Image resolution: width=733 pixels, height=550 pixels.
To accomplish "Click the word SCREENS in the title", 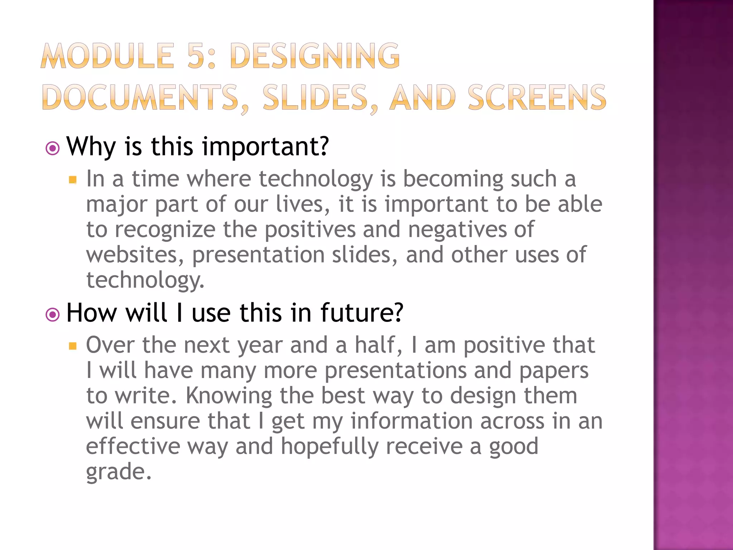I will pyautogui.click(x=537, y=97).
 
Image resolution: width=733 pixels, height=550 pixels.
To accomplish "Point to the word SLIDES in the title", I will pyautogui.click(x=315, y=97).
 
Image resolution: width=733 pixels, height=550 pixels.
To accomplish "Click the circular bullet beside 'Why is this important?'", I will pyautogui.click(x=53, y=148).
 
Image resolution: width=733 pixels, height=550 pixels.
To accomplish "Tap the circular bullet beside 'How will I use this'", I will pyautogui.click(x=53, y=315).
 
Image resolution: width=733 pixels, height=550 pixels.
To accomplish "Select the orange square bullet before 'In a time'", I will pyautogui.click(x=73, y=179).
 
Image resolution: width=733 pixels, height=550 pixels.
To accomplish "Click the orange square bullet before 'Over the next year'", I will pyautogui.click(x=73, y=346).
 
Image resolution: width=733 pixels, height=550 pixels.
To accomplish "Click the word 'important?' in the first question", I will pyautogui.click(x=265, y=147).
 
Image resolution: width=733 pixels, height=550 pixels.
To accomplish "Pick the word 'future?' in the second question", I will pyautogui.click(x=361, y=313).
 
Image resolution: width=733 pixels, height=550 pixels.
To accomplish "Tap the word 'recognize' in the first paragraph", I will pyautogui.click(x=165, y=230).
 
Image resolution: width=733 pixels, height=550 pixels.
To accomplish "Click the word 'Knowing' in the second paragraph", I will pyautogui.click(x=229, y=396).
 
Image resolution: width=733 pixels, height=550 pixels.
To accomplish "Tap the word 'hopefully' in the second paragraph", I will pyautogui.click(x=329, y=447).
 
